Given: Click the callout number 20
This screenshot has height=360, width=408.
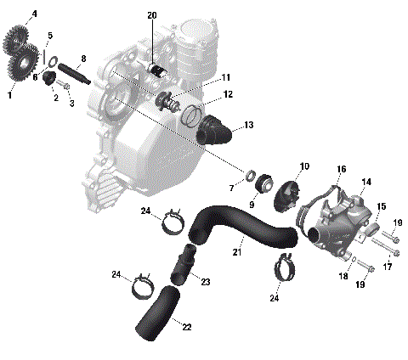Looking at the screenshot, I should click(x=152, y=15).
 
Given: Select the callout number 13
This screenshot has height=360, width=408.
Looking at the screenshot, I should click(x=248, y=125).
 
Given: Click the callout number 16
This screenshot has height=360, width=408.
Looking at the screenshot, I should click(x=341, y=170).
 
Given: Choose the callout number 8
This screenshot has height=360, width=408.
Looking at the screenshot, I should click(x=82, y=59).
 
